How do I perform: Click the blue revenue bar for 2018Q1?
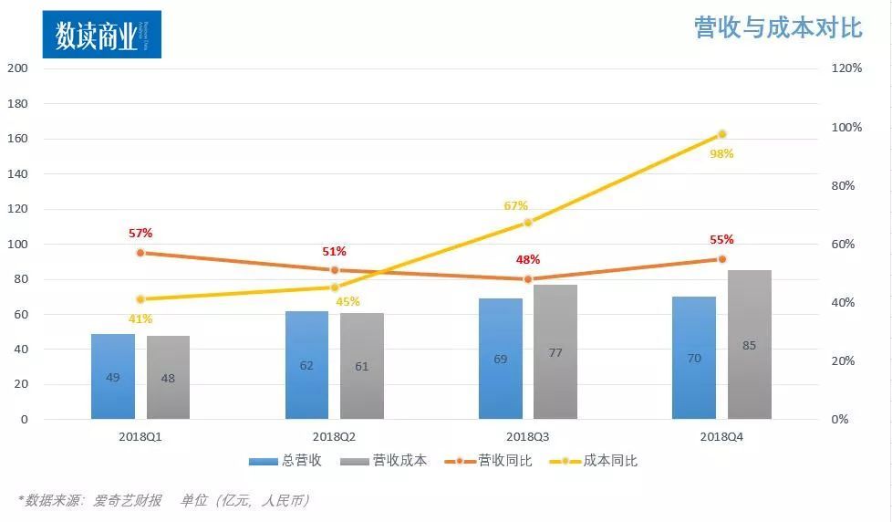pos(113,376)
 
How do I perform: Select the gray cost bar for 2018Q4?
pos(749,345)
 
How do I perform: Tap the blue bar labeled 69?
pos(501,359)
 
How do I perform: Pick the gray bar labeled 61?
pos(362,366)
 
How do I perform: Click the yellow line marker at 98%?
pos(721,134)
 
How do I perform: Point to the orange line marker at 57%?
pos(140,253)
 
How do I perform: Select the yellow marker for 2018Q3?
pos(528,223)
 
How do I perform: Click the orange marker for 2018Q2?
pos(335,270)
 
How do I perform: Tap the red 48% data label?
pos(527,259)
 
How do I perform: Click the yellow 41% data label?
pos(140,318)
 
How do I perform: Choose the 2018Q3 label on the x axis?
pos(528,437)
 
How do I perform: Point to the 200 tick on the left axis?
pos(18,68)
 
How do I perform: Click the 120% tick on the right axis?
pos(845,68)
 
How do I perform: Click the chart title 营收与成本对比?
pos(778,27)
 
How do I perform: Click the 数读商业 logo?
pos(101,36)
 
